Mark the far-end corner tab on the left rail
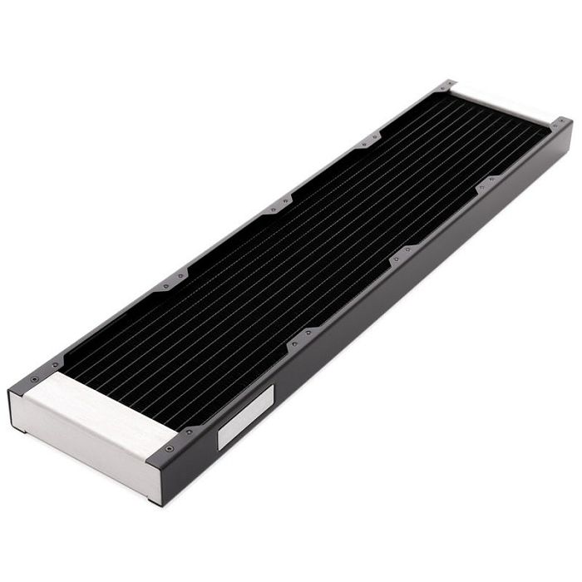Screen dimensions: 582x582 (444, 87)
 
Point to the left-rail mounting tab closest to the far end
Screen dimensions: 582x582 (367, 141)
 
